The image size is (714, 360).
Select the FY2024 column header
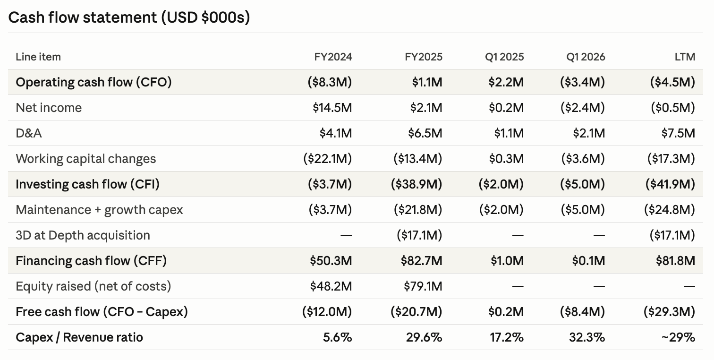click(x=333, y=57)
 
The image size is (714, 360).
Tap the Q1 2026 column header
click(x=586, y=57)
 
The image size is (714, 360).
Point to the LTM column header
click(x=685, y=57)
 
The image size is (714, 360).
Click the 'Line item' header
click(x=38, y=57)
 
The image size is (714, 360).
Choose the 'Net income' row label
click(x=49, y=108)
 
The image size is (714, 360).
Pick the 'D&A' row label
click(x=29, y=133)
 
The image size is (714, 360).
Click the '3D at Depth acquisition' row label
click(x=83, y=235)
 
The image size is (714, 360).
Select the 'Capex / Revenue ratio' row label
click(x=79, y=337)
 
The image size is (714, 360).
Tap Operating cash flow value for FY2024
click(x=330, y=82)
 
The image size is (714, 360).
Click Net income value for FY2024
click(x=332, y=108)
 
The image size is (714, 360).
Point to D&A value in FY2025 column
click(x=425, y=133)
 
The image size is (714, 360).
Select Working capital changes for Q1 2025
click(x=507, y=159)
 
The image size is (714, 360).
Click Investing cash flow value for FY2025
click(x=416, y=184)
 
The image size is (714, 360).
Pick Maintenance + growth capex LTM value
click(x=670, y=210)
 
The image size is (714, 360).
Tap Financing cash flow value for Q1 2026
click(x=588, y=261)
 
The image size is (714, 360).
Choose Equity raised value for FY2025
click(x=423, y=286)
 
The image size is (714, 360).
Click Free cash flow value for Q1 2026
click(x=583, y=312)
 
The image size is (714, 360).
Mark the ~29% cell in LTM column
click(x=678, y=337)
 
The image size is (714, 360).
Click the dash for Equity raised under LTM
click(x=689, y=286)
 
